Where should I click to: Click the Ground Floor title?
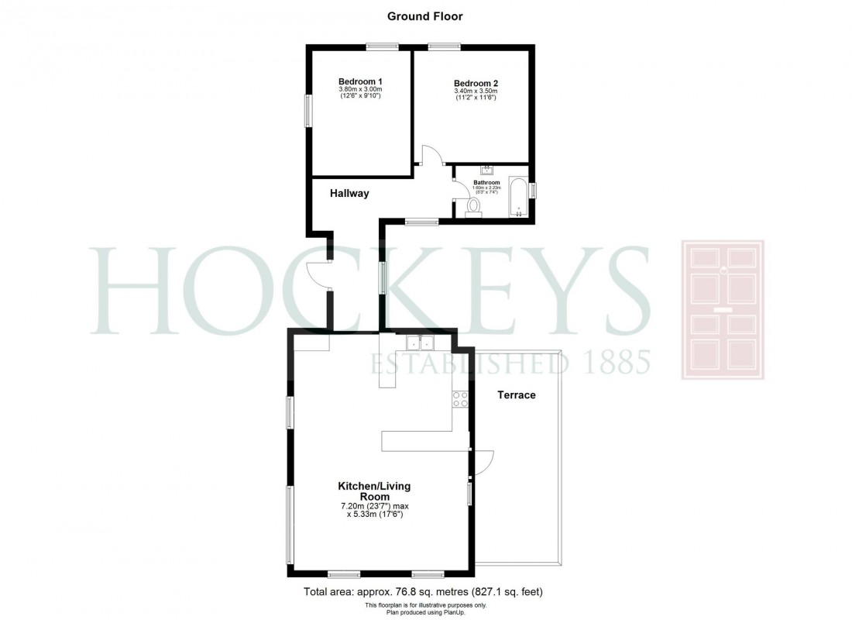(x=425, y=15)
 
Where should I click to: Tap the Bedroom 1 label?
(x=360, y=81)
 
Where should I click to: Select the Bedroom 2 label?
(x=476, y=84)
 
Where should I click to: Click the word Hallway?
(x=349, y=194)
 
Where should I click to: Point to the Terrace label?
(x=516, y=394)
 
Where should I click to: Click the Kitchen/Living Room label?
(x=373, y=491)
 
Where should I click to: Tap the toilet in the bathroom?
(x=473, y=205)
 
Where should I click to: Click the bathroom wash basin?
(x=488, y=170)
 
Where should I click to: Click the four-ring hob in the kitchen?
(x=459, y=398)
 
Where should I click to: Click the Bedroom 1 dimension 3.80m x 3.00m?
(x=360, y=89)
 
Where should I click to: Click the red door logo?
(x=722, y=310)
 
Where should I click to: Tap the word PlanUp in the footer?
(x=452, y=612)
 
